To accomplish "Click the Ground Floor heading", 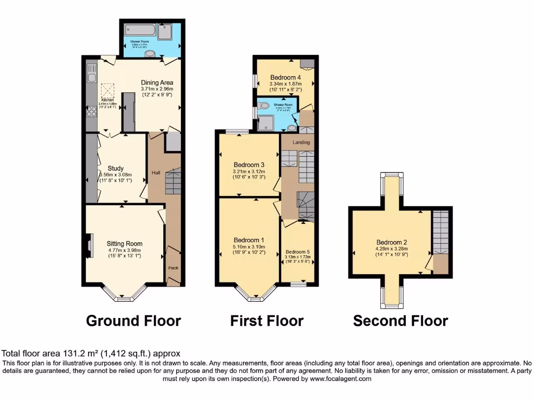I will coord(133,321).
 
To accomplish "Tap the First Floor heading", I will coord(266,321).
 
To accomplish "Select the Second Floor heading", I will coord(400,321).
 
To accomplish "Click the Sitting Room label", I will coord(125,243).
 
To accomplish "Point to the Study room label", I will coord(115,168).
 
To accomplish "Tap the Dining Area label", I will coord(157,82).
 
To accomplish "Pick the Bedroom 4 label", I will coord(285,78).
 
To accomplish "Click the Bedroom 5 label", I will coord(298,251).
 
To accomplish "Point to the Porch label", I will coord(173,268).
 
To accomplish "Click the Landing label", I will coord(301,142).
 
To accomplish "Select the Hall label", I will coord(156,172).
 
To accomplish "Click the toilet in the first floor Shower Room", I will coord(264,106).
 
